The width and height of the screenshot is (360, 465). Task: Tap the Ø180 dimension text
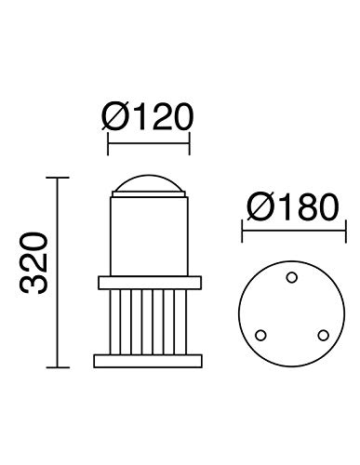point(288,207)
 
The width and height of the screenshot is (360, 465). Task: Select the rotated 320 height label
point(34,271)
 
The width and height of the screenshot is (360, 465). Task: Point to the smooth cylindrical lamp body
point(150,232)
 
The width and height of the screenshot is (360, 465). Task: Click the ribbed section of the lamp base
point(150,321)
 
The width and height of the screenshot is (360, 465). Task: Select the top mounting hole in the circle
point(290,275)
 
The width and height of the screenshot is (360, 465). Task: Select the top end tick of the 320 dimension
point(60,177)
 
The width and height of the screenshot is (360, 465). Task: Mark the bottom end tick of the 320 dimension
point(60,365)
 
